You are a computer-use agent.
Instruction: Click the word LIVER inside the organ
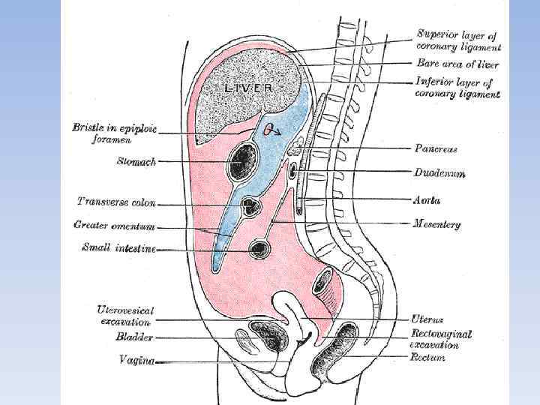tap(248, 88)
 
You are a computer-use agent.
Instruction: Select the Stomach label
tap(136, 160)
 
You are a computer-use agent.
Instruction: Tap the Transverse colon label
tap(116, 202)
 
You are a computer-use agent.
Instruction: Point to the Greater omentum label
tap(114, 225)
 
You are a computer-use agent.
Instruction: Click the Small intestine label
tap(118, 248)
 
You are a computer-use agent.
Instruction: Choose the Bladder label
tap(134, 338)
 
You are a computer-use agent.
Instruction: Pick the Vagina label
tap(136, 361)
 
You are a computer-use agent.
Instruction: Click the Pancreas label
tap(436, 149)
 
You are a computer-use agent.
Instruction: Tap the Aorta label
tap(427, 200)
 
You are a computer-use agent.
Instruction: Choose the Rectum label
tap(427, 358)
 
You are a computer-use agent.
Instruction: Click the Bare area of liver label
tap(457, 64)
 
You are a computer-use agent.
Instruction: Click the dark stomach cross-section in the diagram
tap(243, 160)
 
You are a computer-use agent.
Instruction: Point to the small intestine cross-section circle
tap(262, 248)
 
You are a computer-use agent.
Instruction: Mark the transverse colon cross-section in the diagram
tap(251, 205)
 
